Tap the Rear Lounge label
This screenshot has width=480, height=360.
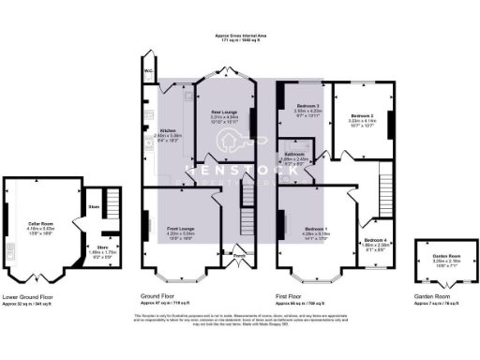(225, 110)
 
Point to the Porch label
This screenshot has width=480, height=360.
(239, 253)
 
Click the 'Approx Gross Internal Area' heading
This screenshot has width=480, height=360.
(240, 37)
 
